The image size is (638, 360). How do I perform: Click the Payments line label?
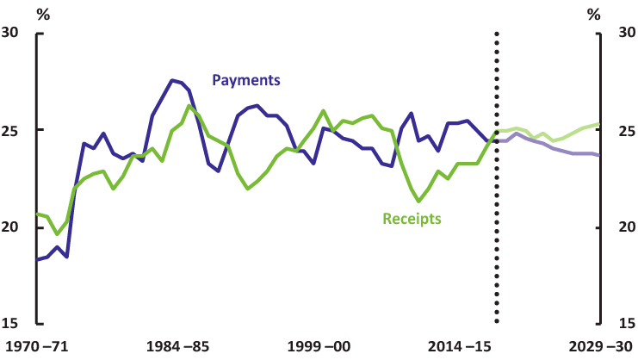246,80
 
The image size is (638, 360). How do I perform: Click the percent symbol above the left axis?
43,14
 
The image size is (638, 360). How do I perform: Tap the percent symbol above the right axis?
593,14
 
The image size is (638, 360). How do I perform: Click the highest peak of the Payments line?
172,80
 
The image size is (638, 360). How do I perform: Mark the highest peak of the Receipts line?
189,106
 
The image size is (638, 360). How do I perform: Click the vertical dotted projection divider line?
497,172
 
